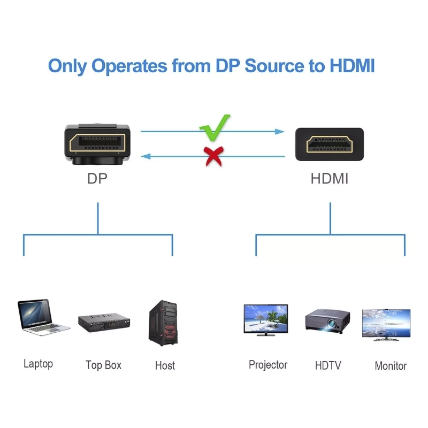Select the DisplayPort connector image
97,144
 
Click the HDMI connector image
329,144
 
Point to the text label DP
97,179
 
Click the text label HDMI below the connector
329,179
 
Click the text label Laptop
39,364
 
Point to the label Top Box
104,365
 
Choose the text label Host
165,366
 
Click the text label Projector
268,365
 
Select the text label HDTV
328,366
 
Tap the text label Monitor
391,366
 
